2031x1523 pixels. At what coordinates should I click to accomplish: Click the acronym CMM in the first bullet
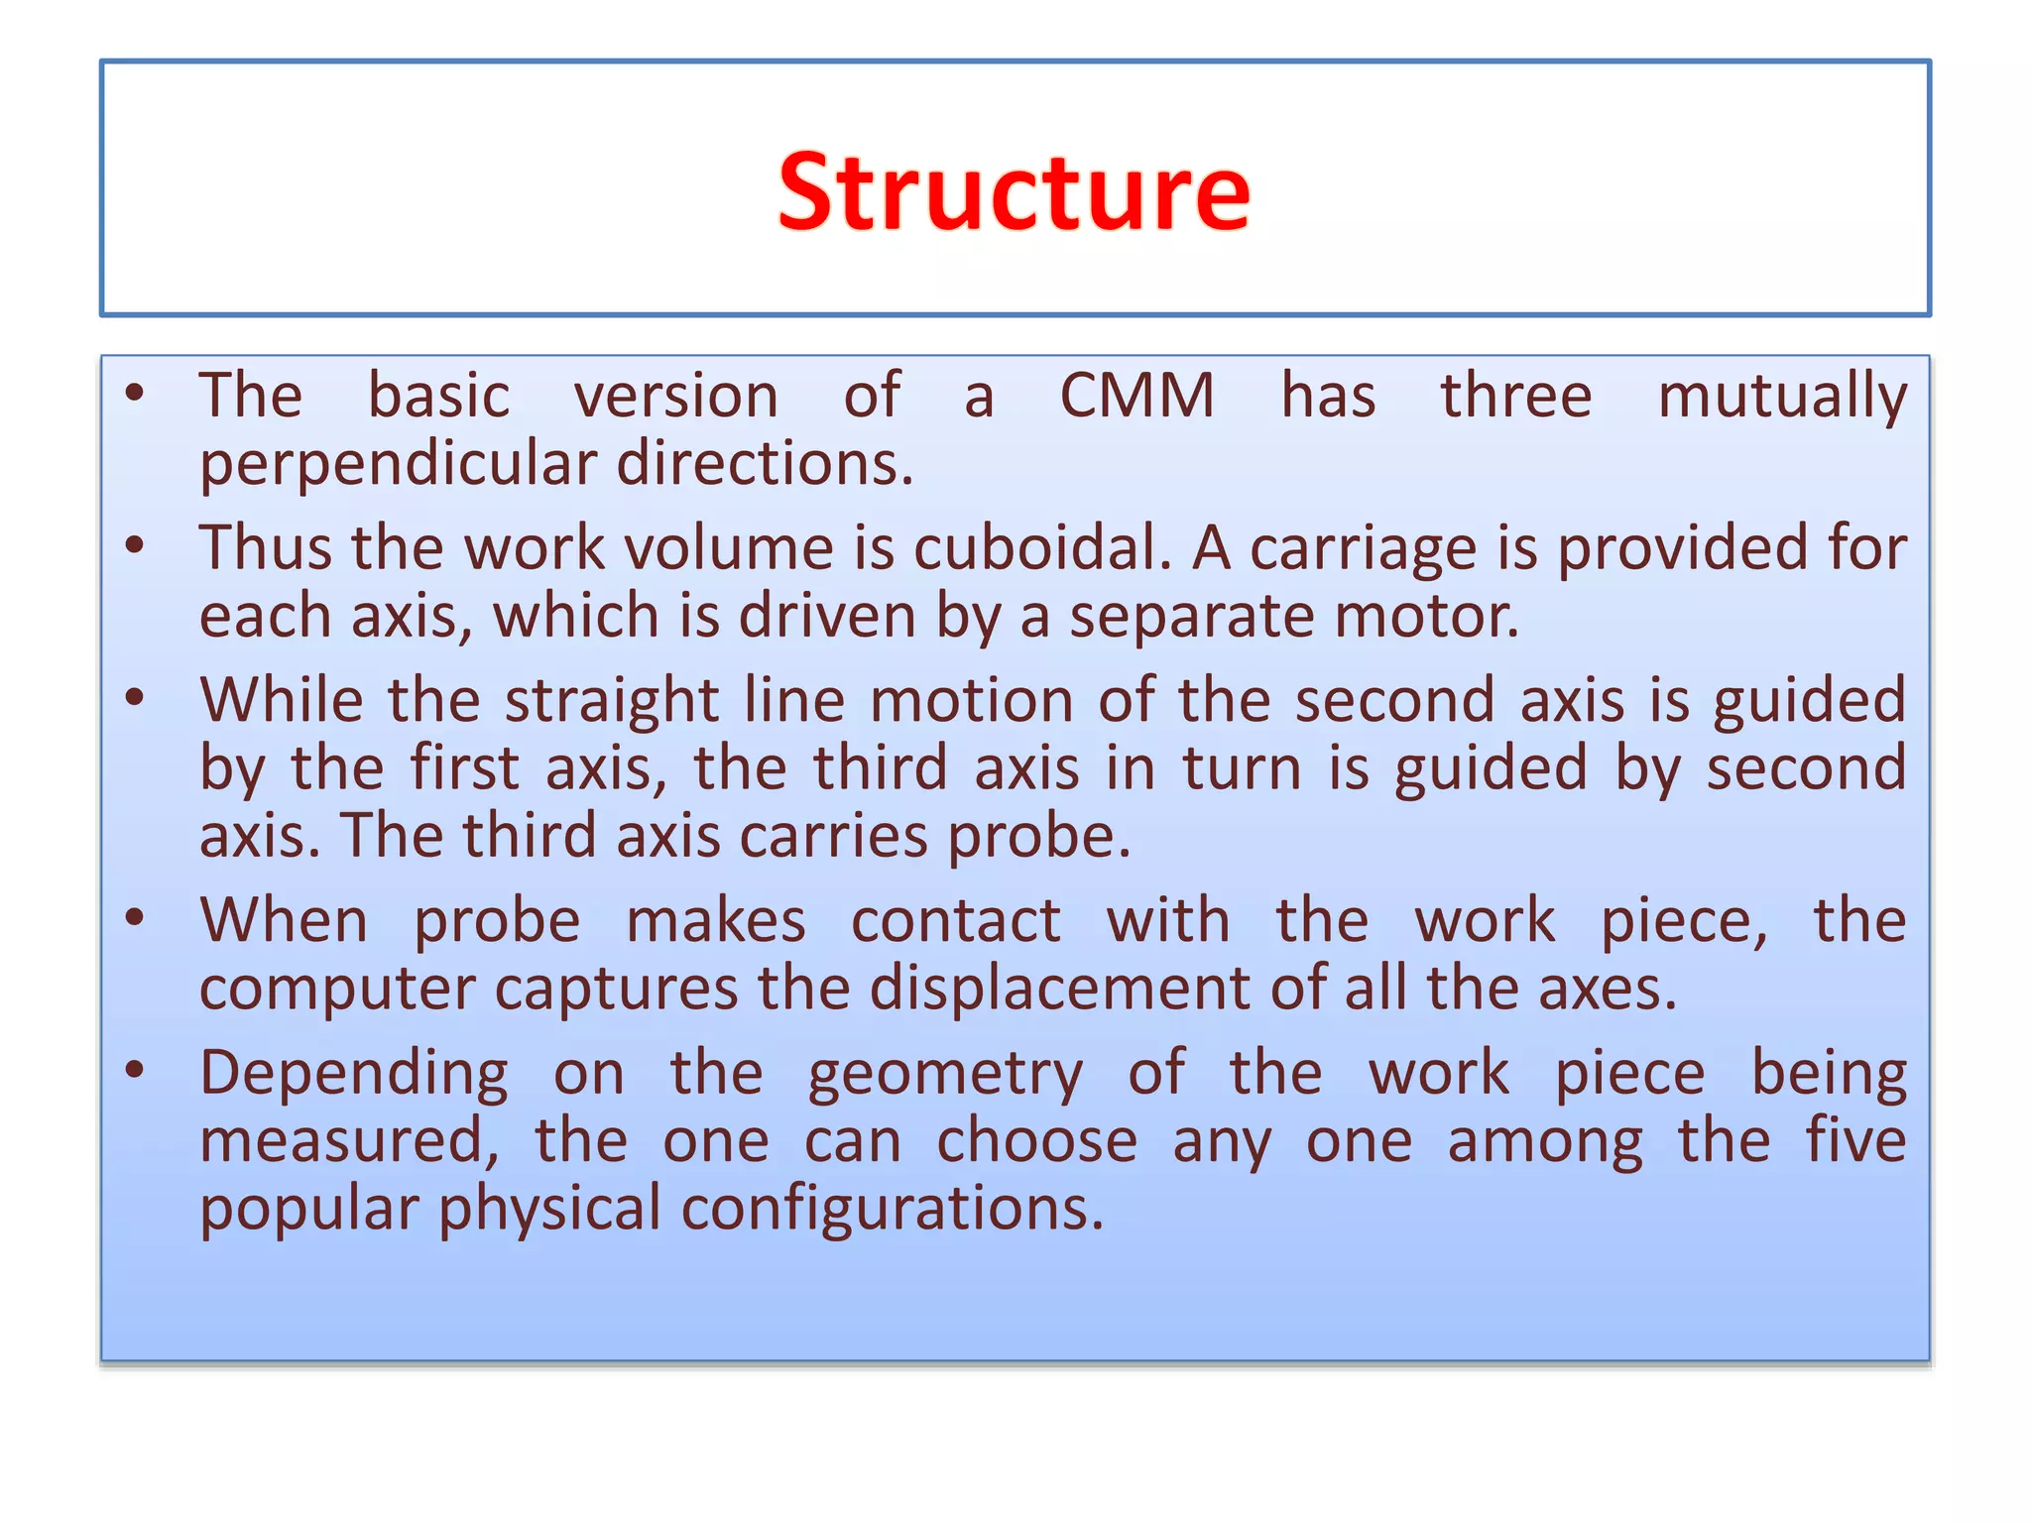coord(1136,396)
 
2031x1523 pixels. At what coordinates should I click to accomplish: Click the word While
coord(282,700)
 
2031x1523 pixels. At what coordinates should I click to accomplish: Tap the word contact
coord(956,921)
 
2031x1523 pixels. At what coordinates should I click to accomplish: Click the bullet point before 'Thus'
coord(136,545)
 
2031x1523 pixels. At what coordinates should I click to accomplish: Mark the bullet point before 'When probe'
coord(136,918)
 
